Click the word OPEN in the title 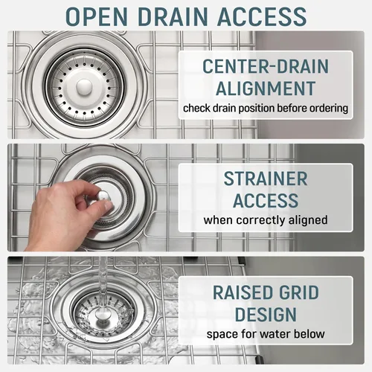(x=97, y=16)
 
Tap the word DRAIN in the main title (x=173, y=16)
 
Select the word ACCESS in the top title (x=262, y=16)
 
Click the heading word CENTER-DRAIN (x=266, y=66)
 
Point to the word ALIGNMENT (x=266, y=89)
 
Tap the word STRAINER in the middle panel (x=266, y=179)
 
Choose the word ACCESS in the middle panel (x=266, y=201)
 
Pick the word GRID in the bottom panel (x=299, y=292)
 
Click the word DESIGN (x=266, y=315)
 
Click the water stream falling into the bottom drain (x=103, y=285)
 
